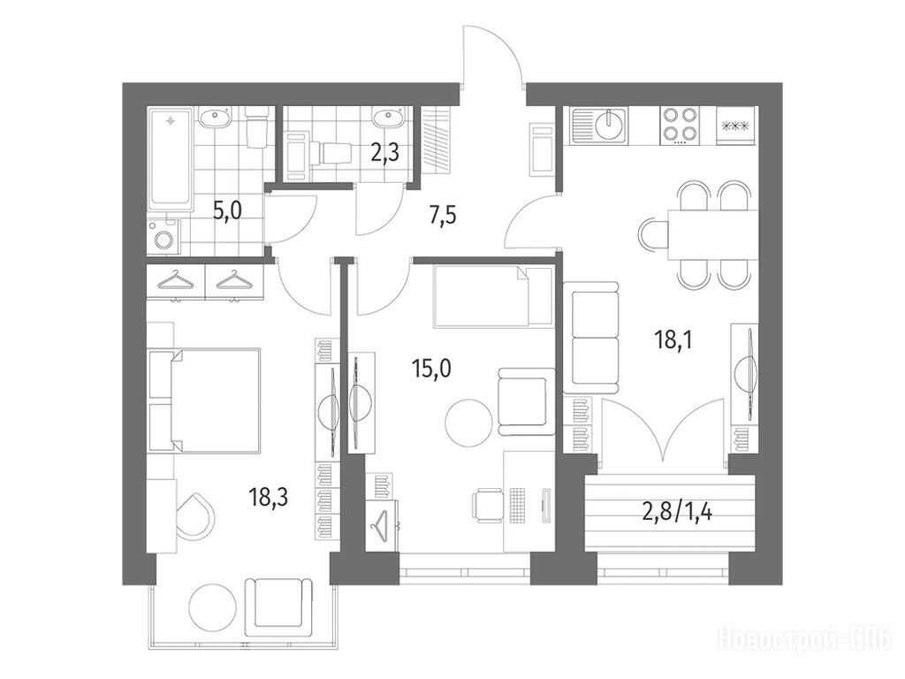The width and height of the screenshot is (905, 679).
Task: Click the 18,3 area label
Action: coord(269,497)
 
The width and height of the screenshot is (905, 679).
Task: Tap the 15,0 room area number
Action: coord(431,368)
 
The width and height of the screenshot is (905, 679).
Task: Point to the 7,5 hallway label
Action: coord(443,217)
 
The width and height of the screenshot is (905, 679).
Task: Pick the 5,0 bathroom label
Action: coord(227,210)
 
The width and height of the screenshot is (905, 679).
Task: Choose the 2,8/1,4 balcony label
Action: coord(676,512)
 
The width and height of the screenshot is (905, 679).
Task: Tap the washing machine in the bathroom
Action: coord(164,236)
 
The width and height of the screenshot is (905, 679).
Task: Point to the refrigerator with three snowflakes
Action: coord(735,125)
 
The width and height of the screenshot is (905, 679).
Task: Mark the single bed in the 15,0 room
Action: coord(491,296)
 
